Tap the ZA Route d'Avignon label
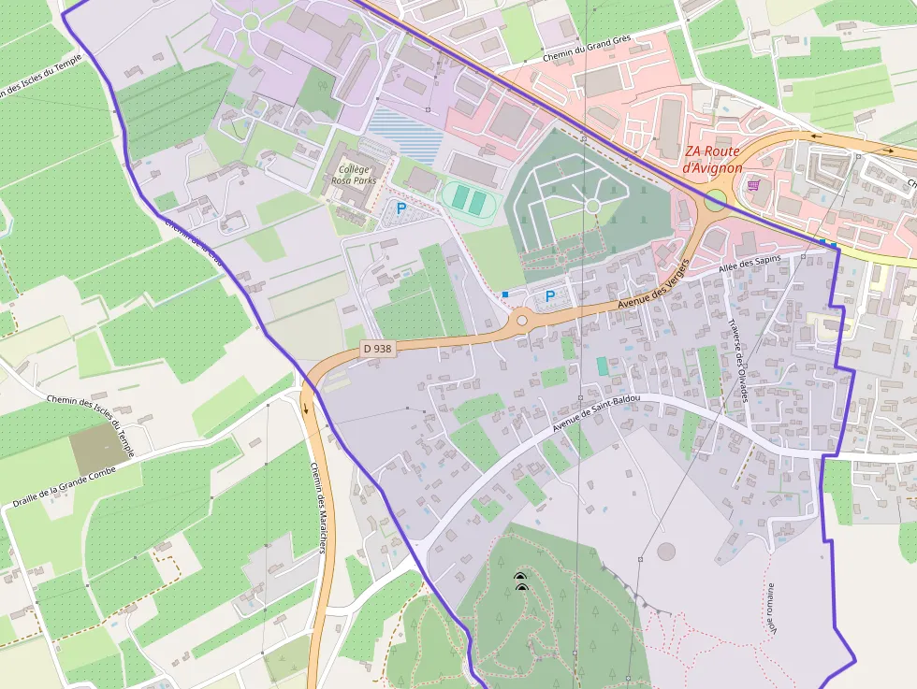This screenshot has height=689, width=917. (x=713, y=159)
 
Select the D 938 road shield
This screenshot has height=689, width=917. (x=377, y=348)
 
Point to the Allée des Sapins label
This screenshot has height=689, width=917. (x=749, y=265)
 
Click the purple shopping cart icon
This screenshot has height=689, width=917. (x=752, y=185)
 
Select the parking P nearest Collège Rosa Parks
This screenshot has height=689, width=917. (x=401, y=209)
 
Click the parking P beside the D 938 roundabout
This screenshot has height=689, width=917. (x=550, y=296)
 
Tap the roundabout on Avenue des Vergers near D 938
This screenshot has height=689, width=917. (x=521, y=321)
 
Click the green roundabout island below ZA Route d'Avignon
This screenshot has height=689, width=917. (x=715, y=200)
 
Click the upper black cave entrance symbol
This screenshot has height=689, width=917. (x=520, y=577)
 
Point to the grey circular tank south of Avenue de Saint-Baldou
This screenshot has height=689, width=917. (x=665, y=552)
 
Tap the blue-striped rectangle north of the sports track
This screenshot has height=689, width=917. (x=405, y=134)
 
